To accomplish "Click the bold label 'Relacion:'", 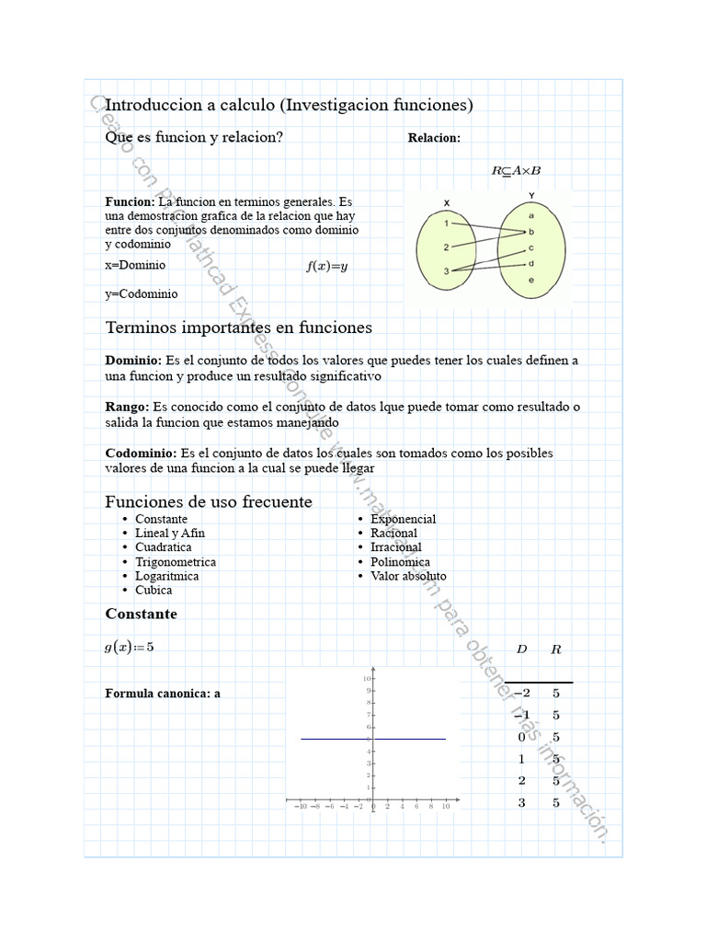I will click(x=434, y=138).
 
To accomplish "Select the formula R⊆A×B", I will click(x=516, y=170).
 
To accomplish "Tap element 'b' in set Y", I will click(x=532, y=232).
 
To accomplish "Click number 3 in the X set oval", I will click(x=446, y=271).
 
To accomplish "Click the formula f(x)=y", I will click(x=327, y=267).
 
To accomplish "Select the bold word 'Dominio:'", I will click(x=133, y=361).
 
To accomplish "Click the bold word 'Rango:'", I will click(x=127, y=407).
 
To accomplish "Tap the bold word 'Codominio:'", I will click(x=141, y=453).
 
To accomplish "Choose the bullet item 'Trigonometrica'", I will click(x=176, y=562).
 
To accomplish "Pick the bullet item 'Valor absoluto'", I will click(x=408, y=576).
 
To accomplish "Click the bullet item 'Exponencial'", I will click(x=403, y=519).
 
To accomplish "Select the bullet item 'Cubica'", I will click(x=154, y=591).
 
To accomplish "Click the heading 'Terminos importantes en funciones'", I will click(x=239, y=327).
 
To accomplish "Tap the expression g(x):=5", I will click(x=130, y=647).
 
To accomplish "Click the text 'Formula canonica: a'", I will click(x=163, y=694).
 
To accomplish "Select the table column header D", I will click(x=522, y=649).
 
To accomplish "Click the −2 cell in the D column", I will click(x=522, y=694).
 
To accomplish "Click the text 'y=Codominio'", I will click(x=142, y=294).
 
